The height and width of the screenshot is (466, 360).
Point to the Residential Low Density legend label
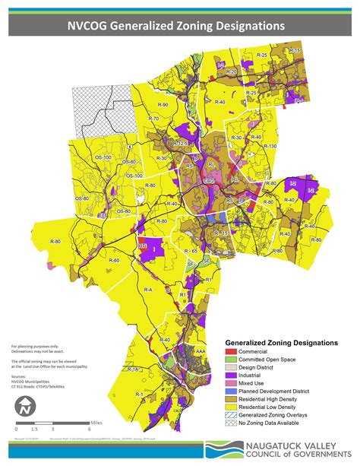pyautogui.click(x=274, y=406)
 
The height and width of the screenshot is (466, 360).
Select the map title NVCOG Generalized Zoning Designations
pyautogui.click(x=180, y=26)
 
